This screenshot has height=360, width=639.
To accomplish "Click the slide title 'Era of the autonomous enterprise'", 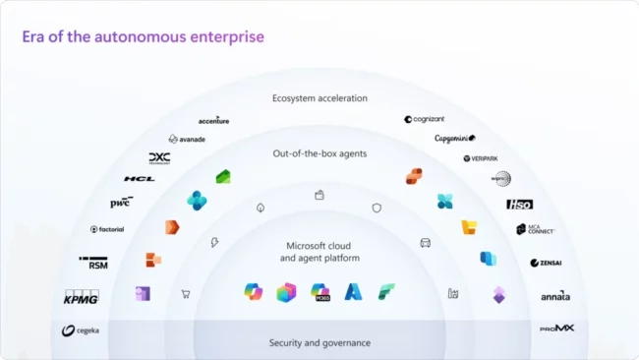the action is pos(144,36).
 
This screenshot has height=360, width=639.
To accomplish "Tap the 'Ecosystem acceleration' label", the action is pos(319,98).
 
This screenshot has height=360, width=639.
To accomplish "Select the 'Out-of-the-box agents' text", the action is pos(319,153).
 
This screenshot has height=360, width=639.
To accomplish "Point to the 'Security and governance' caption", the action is pos(319,342).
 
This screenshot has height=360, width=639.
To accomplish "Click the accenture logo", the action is pos(213,121).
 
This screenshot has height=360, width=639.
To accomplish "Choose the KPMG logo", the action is pos(81,298).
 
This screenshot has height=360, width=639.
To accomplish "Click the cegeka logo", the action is pos(81,330).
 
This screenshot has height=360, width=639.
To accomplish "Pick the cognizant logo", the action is pos(426,119).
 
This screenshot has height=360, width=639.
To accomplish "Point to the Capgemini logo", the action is pos(455,139).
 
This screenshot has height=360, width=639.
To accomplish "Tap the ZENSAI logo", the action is pos(546,263).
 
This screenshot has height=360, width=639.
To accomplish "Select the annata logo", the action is pos(554,296).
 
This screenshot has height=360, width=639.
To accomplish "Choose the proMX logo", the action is pos(556,328).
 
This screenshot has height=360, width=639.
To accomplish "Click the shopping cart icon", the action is pos(185,293).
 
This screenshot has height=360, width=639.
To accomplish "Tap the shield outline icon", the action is pos(377,208).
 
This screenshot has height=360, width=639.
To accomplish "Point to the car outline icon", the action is pos(426,242).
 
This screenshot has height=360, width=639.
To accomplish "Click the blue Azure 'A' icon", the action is pos(353,291).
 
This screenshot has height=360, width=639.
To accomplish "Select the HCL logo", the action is pos(139,179).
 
